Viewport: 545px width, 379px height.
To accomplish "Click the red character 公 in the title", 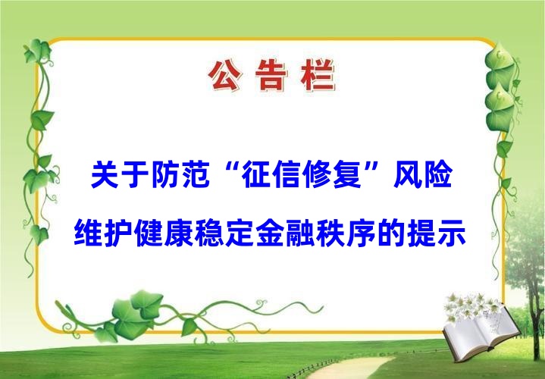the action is (x=225, y=76).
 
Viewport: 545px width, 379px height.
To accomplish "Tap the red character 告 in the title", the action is (x=271, y=76).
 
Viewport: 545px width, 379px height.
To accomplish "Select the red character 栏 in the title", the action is (x=318, y=76).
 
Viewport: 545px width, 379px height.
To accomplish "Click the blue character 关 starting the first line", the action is (x=105, y=174).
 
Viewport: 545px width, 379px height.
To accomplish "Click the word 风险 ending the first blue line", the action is (x=423, y=174).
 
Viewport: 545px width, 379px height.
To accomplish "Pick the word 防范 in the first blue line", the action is (x=180, y=174).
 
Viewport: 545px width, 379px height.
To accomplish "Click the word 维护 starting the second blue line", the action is (x=104, y=233).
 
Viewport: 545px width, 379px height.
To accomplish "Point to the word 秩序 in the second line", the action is (x=346, y=233).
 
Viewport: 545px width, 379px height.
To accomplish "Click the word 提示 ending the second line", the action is (x=437, y=233).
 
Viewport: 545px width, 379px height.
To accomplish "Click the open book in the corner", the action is (x=481, y=334).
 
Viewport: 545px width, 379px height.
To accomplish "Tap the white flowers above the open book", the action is (x=473, y=307).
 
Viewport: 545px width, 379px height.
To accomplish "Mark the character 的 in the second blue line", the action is (x=391, y=233).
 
